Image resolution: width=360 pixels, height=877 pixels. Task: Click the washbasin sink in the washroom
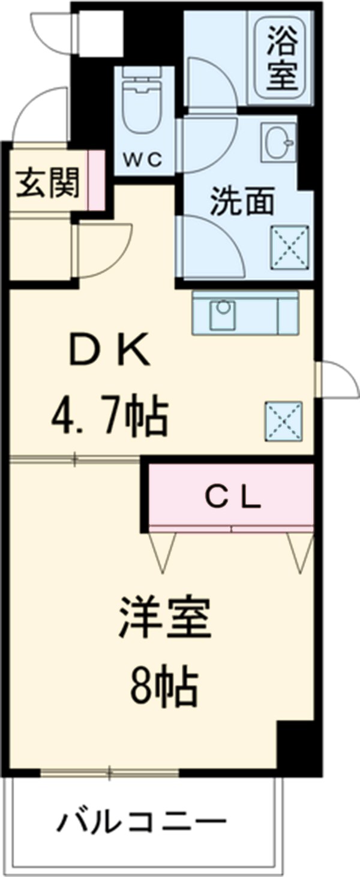click(x=278, y=142)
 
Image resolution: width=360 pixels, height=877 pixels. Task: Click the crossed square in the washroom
click(x=290, y=246)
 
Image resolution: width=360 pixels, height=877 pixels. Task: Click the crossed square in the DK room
click(x=283, y=420)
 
